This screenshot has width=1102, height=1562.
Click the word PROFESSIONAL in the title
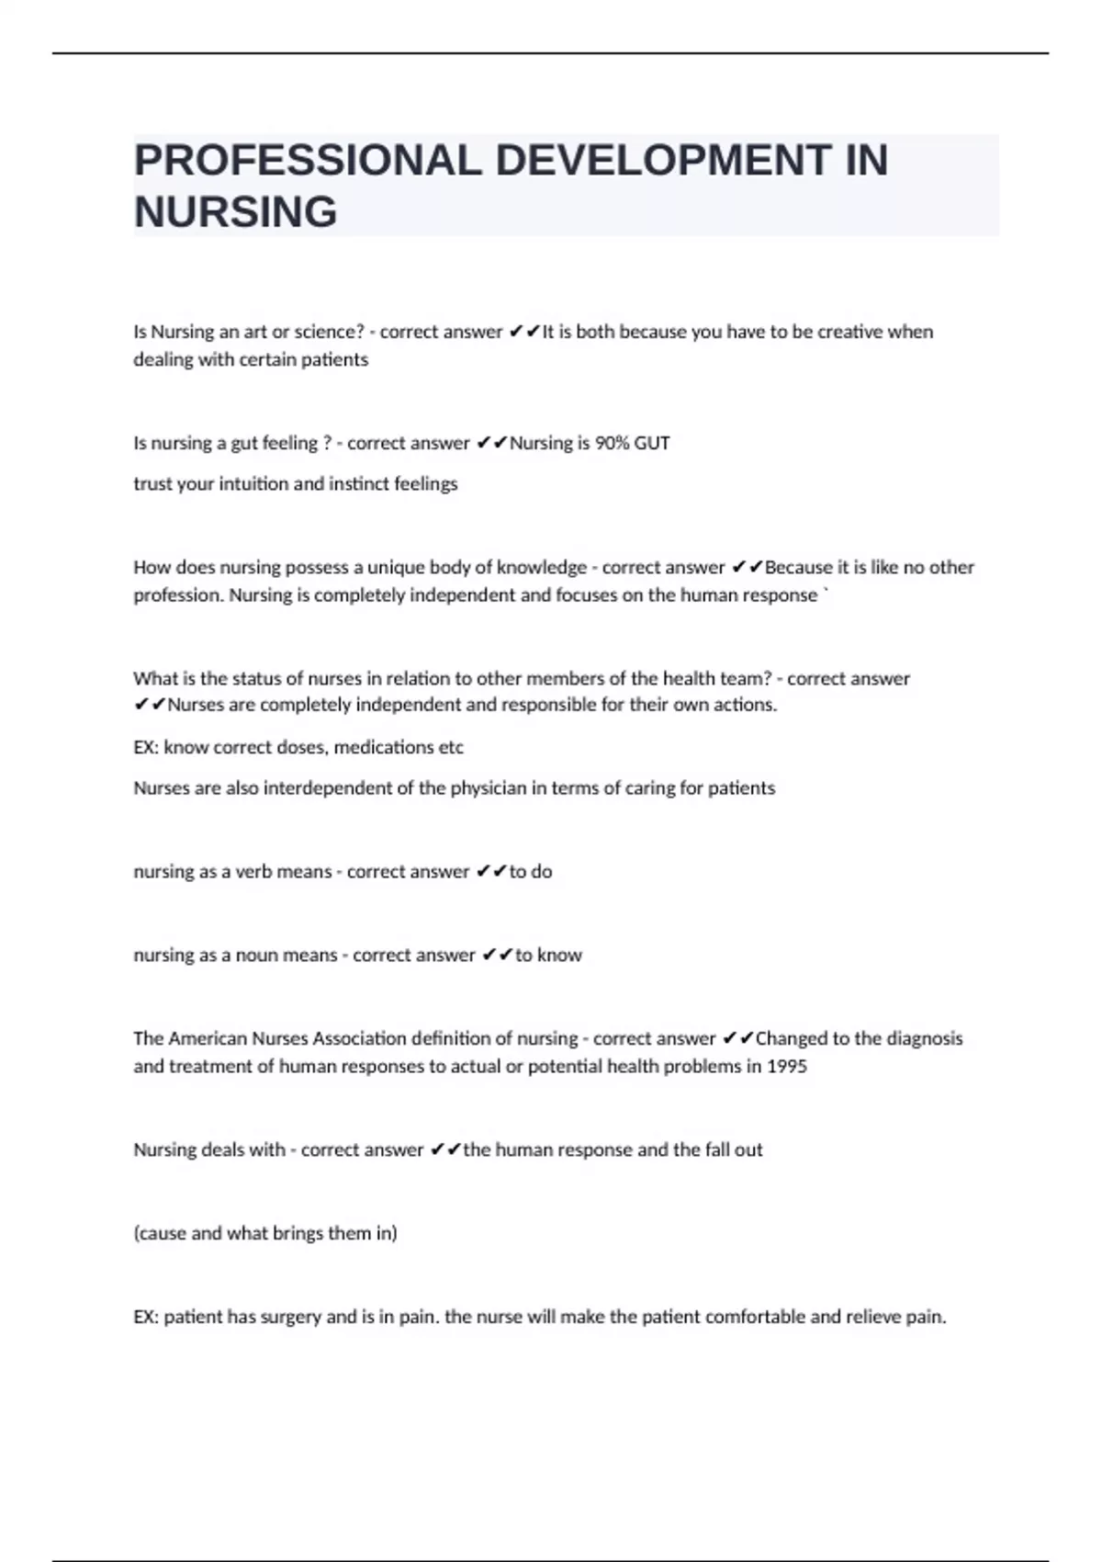[x=308, y=160]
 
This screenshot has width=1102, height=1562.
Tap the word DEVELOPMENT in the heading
[x=663, y=160]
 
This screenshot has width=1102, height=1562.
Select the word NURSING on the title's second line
[x=236, y=212]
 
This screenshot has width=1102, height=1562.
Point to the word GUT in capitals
[x=652, y=443]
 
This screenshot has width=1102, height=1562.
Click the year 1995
[x=787, y=1067]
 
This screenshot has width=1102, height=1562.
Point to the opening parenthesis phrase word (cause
[x=160, y=1234]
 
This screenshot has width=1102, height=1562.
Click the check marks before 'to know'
[x=497, y=956]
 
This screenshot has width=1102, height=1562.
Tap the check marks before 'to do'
[x=491, y=872]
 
